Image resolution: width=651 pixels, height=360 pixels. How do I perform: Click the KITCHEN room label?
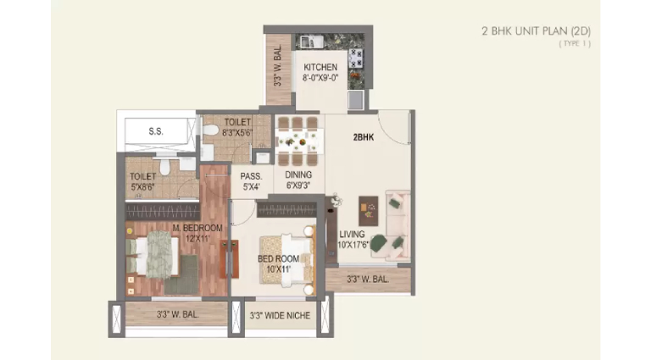click(x=320, y=67)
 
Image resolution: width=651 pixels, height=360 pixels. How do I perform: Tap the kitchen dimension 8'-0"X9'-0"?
click(x=320, y=78)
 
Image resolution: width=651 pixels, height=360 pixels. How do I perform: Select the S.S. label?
click(x=156, y=131)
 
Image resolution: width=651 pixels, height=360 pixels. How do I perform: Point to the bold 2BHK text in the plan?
click(x=364, y=137)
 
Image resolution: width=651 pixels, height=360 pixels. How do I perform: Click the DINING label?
click(x=298, y=175)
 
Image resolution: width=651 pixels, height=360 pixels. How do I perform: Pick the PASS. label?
click(x=251, y=176)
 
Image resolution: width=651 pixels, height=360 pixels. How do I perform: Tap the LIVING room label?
click(x=352, y=235)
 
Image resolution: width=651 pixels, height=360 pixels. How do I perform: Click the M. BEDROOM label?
click(x=198, y=228)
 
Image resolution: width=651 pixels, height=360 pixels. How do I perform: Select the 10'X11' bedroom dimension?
click(x=278, y=269)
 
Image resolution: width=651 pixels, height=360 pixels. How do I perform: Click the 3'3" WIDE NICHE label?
click(x=280, y=316)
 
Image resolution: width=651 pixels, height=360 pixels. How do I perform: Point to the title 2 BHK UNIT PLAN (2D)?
click(x=536, y=31)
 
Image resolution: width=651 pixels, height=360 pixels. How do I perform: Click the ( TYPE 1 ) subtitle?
click(x=575, y=43)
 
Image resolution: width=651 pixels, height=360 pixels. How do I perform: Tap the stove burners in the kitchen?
click(x=356, y=58)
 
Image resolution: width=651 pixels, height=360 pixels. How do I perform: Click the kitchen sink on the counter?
click(x=312, y=42)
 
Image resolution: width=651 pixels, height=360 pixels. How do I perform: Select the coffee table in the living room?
click(x=368, y=211)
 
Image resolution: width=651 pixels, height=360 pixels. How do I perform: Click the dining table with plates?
click(x=299, y=141)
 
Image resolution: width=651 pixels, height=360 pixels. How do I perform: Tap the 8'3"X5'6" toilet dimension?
click(x=237, y=133)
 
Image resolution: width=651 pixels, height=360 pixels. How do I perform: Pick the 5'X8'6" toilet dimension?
click(x=142, y=187)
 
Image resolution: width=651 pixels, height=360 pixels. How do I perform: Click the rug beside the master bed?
click(x=181, y=274)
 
